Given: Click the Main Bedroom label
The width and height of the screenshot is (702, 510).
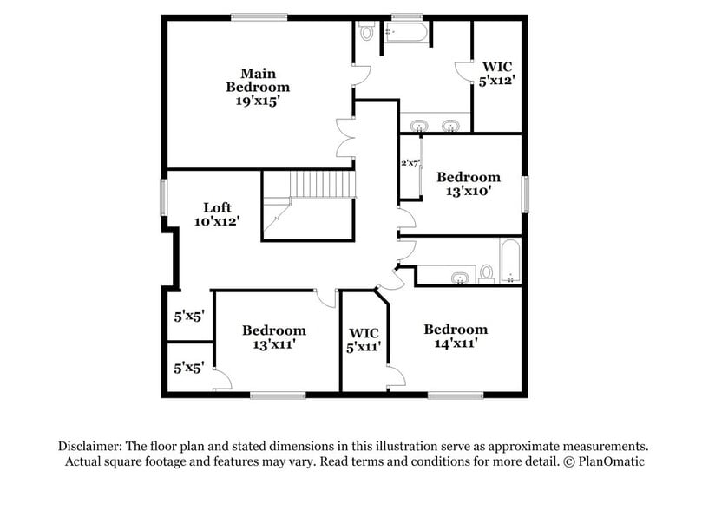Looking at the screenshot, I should coord(258,80).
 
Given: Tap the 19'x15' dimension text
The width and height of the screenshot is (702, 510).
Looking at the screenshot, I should coord(258,101).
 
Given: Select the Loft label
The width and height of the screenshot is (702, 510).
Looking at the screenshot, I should coord(217,207).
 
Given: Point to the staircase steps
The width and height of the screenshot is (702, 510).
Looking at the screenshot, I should coord(322,184).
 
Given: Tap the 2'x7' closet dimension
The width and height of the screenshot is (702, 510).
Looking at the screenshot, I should coord(410,162).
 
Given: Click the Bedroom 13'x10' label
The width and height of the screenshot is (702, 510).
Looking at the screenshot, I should coord(468,184).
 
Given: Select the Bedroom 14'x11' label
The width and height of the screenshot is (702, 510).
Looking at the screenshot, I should coord(456,336).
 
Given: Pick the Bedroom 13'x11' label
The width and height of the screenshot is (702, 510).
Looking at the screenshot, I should coord(273,337).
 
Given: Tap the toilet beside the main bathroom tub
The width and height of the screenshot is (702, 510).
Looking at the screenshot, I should coord(367,32).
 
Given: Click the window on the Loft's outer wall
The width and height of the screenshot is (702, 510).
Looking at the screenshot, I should coord(162,196).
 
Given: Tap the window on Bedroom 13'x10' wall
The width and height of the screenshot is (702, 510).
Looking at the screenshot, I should coord(524,193).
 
